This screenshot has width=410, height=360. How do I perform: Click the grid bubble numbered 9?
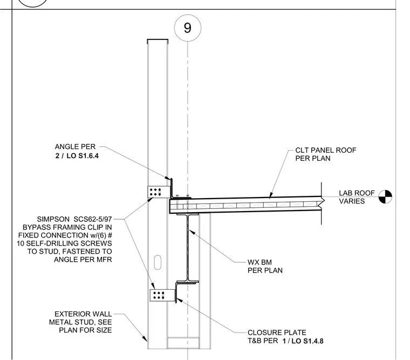click(188, 28)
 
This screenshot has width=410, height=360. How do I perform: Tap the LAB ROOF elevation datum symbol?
click(385, 197)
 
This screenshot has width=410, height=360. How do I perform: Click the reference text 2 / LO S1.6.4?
click(77, 156)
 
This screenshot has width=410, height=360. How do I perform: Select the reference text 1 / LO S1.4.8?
click(303, 341)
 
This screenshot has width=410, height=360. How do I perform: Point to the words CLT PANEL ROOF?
click(326, 150)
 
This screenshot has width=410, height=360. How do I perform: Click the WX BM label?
click(259, 262)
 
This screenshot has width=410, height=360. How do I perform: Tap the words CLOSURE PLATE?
click(277, 332)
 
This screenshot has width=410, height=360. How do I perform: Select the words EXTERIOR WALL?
click(83, 314)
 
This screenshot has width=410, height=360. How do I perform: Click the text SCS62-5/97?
click(93, 219)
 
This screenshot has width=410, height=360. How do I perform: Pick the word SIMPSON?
click(53, 219)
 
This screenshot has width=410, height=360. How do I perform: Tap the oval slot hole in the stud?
click(158, 262)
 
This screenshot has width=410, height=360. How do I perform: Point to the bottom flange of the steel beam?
click(188, 282)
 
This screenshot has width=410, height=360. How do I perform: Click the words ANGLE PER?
click(76, 146)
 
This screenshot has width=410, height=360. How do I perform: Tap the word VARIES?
click(352, 201)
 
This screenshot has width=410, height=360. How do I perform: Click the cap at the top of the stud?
click(158, 40)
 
